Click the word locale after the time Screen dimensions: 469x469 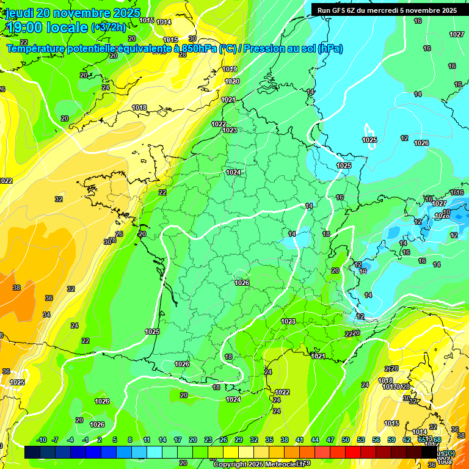67,27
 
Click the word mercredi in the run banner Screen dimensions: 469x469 392,10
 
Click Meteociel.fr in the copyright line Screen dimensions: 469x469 280,465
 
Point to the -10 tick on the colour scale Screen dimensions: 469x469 42,440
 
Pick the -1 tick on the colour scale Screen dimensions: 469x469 85,440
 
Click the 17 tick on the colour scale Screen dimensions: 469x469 177,440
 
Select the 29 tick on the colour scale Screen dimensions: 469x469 239,440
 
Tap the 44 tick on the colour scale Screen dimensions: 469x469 315,440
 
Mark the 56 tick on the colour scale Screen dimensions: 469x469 376,440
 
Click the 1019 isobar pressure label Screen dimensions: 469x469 230,69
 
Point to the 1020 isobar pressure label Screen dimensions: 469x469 232,81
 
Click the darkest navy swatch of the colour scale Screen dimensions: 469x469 32,453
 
